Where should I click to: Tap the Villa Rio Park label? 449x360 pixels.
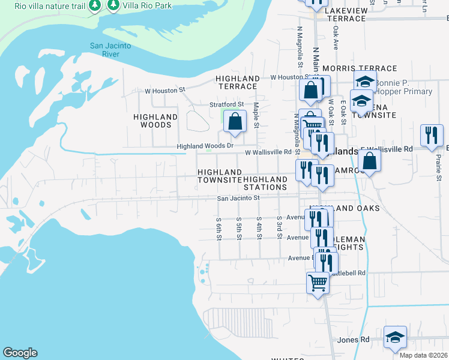click(x=147, y=6)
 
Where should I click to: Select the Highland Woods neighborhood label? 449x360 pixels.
click(x=155, y=121)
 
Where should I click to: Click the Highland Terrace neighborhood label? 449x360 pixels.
click(x=237, y=82)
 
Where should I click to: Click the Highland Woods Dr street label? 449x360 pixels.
click(x=205, y=146)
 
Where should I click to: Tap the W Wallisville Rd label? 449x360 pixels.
click(x=268, y=152)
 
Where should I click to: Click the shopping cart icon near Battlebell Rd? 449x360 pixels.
click(x=318, y=282)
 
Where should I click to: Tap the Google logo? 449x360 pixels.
click(x=20, y=353)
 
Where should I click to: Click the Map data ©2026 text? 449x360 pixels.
click(x=423, y=355)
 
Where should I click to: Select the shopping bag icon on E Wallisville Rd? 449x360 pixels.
click(x=369, y=161)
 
